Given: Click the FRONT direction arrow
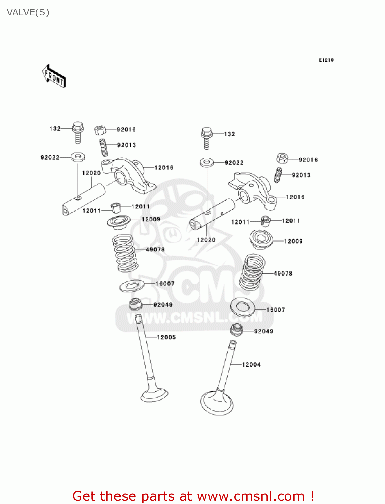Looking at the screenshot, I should pos(54,76).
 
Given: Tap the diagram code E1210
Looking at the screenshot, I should pos(326,60).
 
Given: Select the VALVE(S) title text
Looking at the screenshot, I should pos(28,12).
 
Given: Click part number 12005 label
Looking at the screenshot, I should pos(166,337).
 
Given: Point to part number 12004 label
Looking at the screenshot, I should pos(251,365).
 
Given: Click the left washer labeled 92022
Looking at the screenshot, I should pos(78,157).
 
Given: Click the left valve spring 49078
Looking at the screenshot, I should pos(125,253).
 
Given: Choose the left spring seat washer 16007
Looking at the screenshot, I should pos(132,286).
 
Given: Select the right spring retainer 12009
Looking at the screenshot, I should pos(261,239).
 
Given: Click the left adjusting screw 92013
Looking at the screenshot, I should pos(104,147).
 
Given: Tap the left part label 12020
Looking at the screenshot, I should pos(91,173).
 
